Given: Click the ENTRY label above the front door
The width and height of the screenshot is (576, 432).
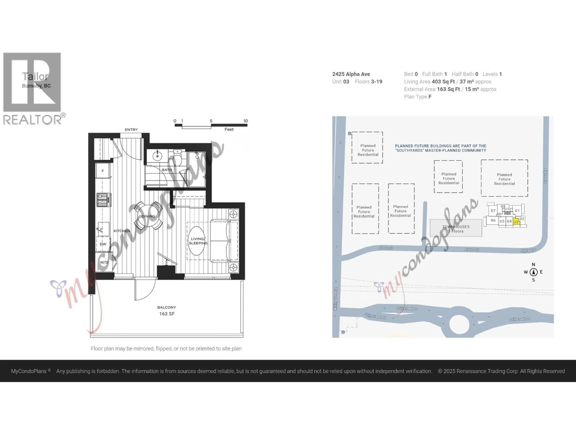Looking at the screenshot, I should point(131,129).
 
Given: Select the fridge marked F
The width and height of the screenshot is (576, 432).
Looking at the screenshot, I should point(103,171).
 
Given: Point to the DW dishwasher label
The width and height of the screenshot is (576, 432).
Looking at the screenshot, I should point(103,244).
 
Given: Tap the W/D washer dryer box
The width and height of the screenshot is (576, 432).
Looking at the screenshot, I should point(104,262).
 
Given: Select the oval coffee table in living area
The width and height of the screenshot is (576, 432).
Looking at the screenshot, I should point(197,241).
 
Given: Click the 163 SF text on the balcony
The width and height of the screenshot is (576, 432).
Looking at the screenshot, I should point(167,314).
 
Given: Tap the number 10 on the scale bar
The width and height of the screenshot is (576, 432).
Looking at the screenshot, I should point(246,121).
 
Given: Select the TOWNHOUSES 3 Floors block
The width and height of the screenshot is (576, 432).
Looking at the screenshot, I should point(456,228).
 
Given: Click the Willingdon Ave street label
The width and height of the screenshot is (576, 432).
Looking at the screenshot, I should point(336,299).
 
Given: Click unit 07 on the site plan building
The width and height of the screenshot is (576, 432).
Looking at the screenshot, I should point(493,211).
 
